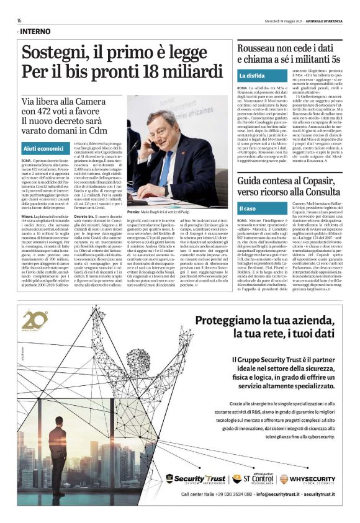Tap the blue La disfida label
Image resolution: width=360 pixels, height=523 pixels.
[252, 76]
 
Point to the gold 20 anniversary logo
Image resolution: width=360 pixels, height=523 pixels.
[35, 322]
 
